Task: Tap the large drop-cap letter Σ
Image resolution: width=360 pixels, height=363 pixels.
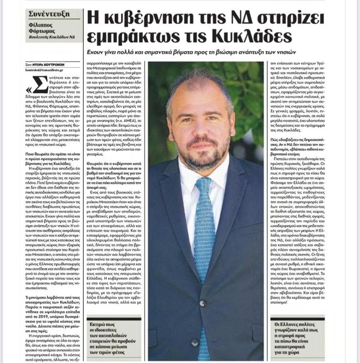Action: (x=38, y=85)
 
